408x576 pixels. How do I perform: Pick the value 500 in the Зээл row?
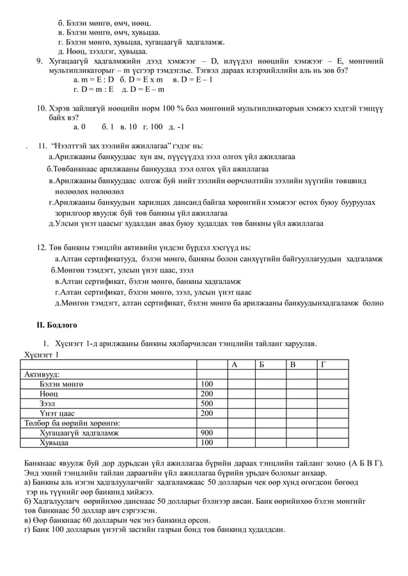coord(207,404)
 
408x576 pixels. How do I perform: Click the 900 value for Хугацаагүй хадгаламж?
coord(207,432)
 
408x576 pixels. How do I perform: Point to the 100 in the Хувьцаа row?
coord(207,442)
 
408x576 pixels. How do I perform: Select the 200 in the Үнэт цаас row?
coord(207,413)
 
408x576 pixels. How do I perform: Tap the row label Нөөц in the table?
coord(49,394)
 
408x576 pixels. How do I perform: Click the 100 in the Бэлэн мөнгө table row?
coord(207,384)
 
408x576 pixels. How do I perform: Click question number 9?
coord(39,61)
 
